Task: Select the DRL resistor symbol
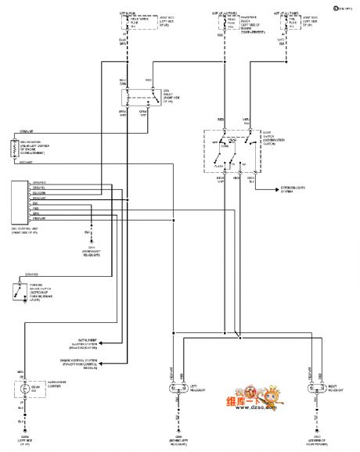pos(15,150)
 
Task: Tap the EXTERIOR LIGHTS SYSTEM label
pos(293,189)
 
